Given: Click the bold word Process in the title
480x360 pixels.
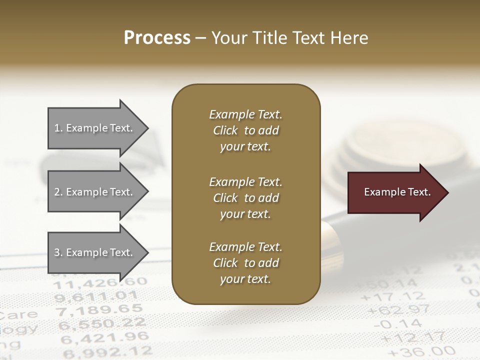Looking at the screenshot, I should [157, 38].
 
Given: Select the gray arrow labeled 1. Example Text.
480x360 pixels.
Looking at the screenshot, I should [93, 128].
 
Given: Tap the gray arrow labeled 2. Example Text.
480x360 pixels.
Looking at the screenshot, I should [93, 192].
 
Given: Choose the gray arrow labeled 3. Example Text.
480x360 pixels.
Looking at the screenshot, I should [93, 252].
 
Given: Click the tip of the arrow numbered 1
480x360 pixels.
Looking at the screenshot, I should [147, 128].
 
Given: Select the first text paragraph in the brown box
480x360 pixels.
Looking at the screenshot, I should [245, 130].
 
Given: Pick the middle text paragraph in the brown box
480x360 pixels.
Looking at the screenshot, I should [245, 198].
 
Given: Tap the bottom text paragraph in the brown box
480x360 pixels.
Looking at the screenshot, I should [245, 263].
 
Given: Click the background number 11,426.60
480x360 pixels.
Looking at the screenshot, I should [100, 284].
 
